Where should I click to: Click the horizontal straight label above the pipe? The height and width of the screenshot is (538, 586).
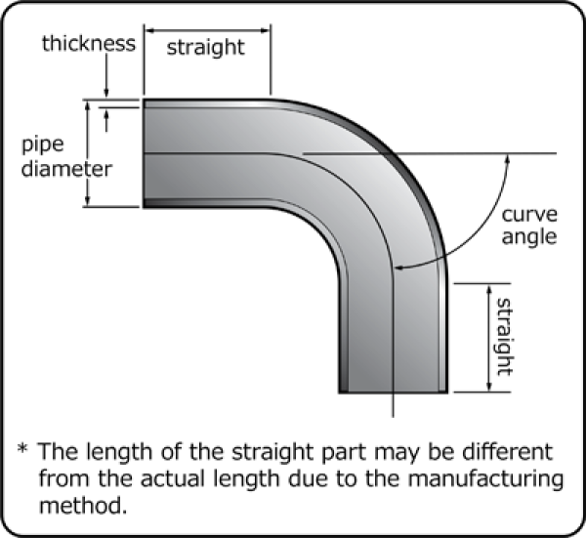coord(205,48)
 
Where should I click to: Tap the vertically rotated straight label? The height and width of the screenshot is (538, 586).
coord(504,337)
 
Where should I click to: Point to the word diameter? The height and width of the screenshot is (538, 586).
coord(66,168)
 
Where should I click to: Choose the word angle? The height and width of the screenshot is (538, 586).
coord(528,237)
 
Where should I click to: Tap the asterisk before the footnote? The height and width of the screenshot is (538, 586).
coord(22,451)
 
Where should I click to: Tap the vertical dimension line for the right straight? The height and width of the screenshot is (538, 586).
coord(485,337)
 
